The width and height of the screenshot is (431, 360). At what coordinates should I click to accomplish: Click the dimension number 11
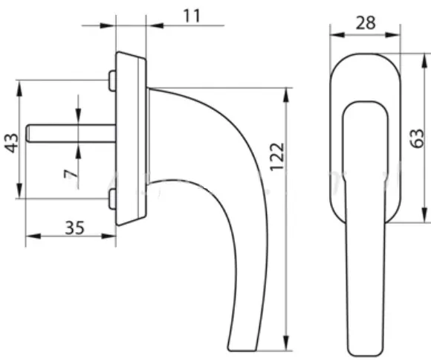click(192, 16)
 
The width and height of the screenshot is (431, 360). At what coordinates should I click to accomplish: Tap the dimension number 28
click(366, 23)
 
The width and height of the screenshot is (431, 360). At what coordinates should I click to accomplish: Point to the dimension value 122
click(276, 157)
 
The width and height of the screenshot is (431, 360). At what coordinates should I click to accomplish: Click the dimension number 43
click(12, 143)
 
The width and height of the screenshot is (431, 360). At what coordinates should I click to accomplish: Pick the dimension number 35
click(74, 228)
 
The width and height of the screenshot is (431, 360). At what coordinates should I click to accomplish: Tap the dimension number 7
click(71, 174)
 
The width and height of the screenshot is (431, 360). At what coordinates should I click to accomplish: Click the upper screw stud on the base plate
click(112, 81)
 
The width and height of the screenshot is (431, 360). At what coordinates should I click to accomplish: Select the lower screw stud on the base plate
click(112, 199)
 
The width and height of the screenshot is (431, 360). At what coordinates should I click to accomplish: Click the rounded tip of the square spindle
click(27, 134)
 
